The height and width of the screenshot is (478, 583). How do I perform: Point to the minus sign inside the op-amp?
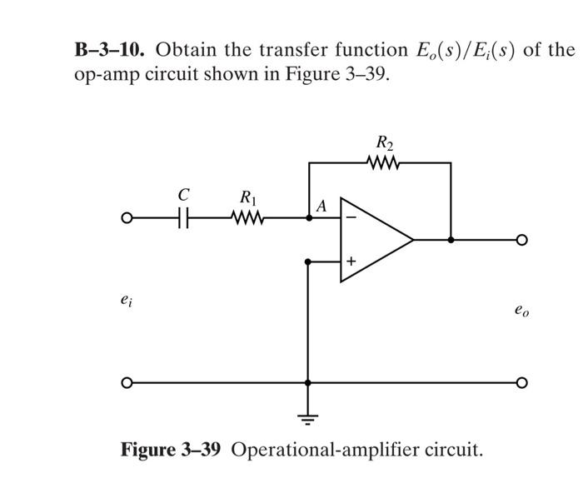(351, 219)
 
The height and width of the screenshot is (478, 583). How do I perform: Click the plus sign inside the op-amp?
(351, 261)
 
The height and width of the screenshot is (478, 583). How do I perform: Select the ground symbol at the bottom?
(309, 419)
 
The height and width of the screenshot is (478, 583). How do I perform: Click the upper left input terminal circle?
(126, 219)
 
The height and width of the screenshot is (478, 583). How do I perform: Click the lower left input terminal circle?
(126, 383)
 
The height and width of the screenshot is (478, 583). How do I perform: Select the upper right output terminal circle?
(521, 240)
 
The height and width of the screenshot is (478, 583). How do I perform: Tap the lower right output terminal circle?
(521, 383)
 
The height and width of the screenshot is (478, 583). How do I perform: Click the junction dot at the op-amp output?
(451, 240)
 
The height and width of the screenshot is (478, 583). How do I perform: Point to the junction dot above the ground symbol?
(309, 383)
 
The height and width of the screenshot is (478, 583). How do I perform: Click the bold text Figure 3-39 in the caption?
(171, 451)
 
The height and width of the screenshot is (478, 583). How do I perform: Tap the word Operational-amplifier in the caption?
(311, 451)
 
